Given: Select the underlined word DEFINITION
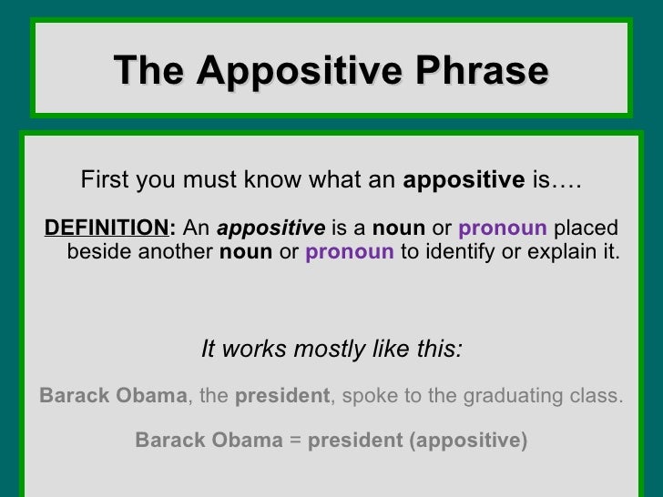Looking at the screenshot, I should click(103, 228).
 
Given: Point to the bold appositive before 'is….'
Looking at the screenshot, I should click(463, 180).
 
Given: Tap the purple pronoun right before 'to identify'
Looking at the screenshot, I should click(350, 251).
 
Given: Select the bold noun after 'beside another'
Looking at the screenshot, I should click(246, 251).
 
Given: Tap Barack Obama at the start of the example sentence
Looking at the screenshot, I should click(113, 396).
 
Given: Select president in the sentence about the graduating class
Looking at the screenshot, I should click(281, 396).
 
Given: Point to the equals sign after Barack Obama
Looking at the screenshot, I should click(295, 441).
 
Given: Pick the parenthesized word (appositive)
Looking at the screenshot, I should click(468, 441).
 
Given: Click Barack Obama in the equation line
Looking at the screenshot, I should click(209, 441).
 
